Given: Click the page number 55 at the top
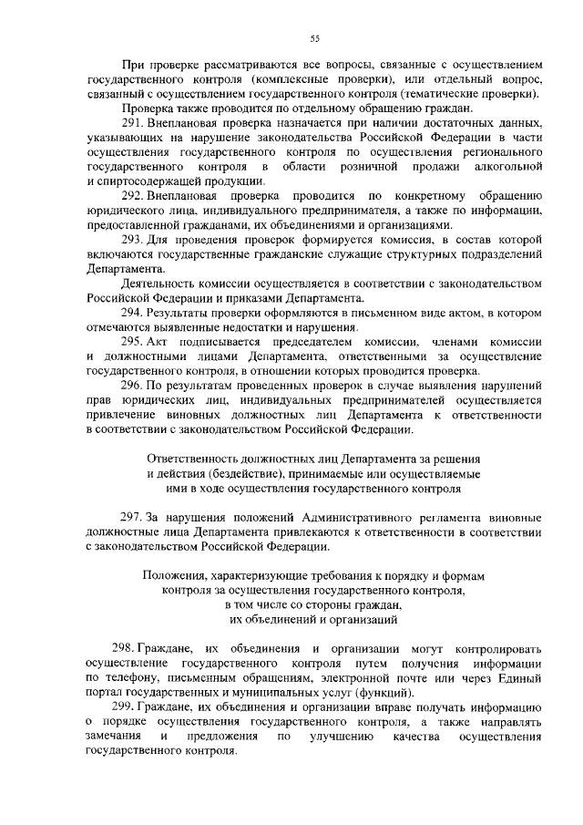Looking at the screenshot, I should (314, 37).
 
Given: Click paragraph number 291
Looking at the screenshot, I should (134, 122).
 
